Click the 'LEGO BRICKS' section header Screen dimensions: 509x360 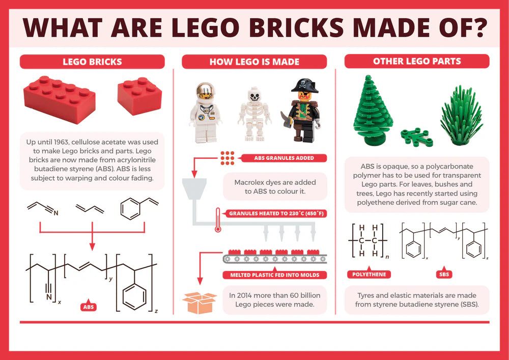click(92, 62)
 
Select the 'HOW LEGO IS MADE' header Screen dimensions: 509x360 click(254, 62)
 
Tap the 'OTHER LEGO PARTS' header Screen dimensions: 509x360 click(417, 61)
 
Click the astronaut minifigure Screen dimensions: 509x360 click(206, 113)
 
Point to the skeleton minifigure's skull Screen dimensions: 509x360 click(254, 94)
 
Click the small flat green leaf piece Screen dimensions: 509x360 click(416, 137)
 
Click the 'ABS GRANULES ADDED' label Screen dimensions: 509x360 click(284, 158)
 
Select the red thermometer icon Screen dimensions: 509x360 click(218, 220)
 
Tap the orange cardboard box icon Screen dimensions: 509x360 click(200, 302)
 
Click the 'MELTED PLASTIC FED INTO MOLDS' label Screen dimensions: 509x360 click(275, 275)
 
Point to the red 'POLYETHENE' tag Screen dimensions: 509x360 click(369, 274)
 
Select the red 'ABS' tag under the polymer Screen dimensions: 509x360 click(88, 307)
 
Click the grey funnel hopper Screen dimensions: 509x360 click(194, 188)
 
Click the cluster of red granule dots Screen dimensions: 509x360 click(227, 158)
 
